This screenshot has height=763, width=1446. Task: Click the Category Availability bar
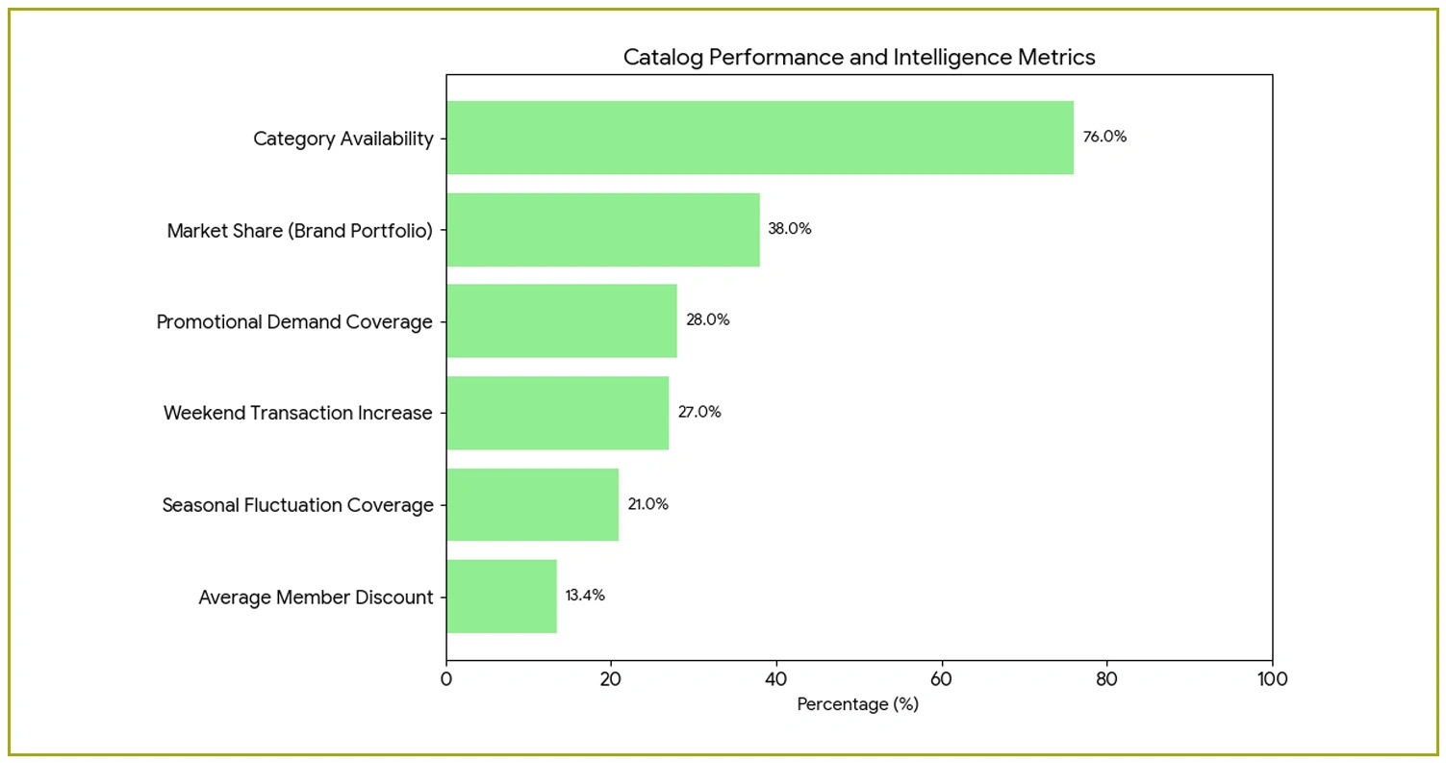point(759,138)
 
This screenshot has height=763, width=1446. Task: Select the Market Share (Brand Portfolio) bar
point(602,230)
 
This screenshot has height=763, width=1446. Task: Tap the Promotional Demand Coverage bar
point(561,321)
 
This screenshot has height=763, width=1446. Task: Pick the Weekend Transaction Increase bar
point(557,413)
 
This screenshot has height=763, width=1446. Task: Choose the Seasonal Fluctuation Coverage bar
point(532,505)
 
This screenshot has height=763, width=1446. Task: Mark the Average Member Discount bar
point(501,597)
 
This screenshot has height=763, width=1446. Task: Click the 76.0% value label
point(1104,137)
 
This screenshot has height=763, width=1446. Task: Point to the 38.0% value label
point(790,229)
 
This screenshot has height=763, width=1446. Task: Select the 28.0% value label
point(707,320)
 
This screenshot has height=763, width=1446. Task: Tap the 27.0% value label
point(699,412)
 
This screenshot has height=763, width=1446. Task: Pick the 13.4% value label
point(585,596)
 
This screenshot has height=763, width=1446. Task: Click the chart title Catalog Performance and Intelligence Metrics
point(859,58)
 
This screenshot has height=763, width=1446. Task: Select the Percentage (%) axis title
point(858,704)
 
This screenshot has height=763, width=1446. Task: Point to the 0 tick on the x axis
point(446,678)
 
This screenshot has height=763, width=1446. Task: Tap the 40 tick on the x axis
point(776,678)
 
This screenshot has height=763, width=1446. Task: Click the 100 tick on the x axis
point(1272,678)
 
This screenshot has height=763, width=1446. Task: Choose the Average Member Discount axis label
point(316,598)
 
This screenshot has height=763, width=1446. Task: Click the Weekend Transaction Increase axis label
point(298,414)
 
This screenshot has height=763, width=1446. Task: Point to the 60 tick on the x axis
point(942,678)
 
